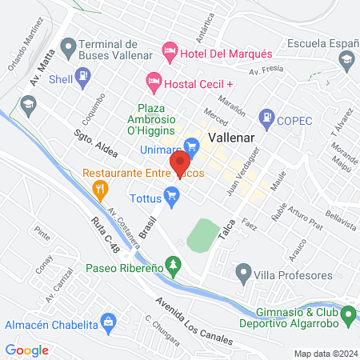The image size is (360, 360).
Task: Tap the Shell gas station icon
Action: (x=82, y=78)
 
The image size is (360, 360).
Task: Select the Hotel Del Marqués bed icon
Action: (x=169, y=51)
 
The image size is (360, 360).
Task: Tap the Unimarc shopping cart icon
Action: (x=190, y=145)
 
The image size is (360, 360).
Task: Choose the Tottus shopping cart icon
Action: (x=171, y=194)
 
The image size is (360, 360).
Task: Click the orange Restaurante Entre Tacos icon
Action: (x=101, y=189)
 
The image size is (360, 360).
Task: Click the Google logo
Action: (x=27, y=350)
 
